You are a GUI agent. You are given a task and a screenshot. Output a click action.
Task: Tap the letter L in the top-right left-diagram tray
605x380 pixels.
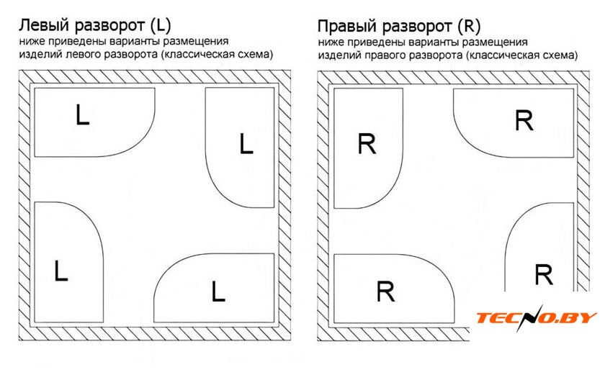pos(246,145)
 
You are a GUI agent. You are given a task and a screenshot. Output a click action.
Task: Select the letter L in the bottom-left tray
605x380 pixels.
pos(60,271)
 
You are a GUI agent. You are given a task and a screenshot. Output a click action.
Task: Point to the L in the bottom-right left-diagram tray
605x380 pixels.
pos(218,291)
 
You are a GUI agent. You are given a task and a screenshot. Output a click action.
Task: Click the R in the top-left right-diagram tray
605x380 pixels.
pos(367,145)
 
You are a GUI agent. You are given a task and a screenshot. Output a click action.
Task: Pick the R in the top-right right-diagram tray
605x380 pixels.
pos(524,121)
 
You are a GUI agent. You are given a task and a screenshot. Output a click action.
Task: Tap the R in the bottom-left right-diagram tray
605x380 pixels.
pos(386,292)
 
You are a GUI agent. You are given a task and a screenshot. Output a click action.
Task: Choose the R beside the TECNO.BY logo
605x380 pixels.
pos(544,275)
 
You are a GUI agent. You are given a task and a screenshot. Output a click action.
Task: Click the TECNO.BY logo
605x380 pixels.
pos(537,318)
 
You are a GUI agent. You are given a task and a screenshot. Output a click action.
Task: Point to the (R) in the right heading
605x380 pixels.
pos(469,27)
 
